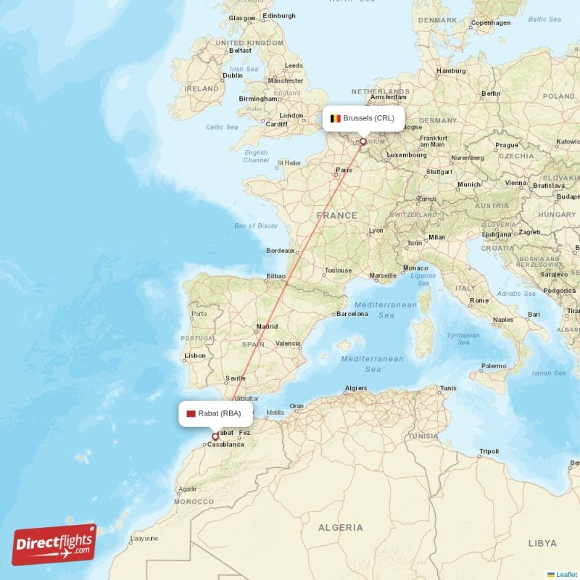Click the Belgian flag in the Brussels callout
(x=335, y=118)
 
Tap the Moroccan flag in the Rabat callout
(x=191, y=414)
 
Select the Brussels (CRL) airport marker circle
(x=363, y=143)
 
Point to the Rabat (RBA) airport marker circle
(x=215, y=436)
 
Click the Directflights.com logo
(x=54, y=544)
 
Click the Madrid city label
(x=266, y=326)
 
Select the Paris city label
(x=344, y=171)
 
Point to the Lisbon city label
(x=195, y=355)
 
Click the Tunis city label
(x=448, y=388)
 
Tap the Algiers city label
(x=356, y=388)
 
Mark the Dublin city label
(x=233, y=75)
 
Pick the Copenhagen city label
(x=491, y=22)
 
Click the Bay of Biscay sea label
(x=256, y=225)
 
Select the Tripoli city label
(x=489, y=452)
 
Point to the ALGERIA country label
(x=340, y=527)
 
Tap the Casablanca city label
(x=225, y=444)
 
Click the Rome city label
(x=479, y=300)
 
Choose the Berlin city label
(x=491, y=94)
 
